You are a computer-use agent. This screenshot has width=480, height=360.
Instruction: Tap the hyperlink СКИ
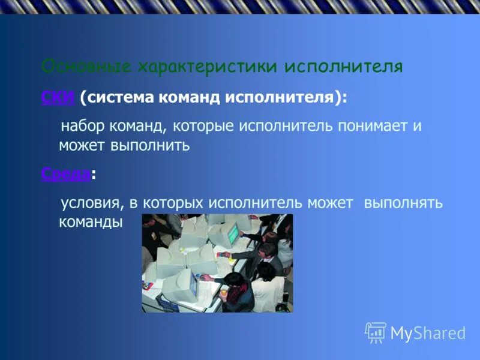tap(58, 97)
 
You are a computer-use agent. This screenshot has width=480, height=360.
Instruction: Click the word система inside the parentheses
tap(120, 97)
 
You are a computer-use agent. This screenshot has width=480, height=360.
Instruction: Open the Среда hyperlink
tap(66, 174)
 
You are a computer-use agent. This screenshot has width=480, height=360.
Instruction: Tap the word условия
tap(90, 203)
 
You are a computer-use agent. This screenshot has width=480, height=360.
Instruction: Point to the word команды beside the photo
tap(90, 221)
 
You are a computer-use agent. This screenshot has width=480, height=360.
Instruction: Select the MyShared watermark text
tap(428, 334)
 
